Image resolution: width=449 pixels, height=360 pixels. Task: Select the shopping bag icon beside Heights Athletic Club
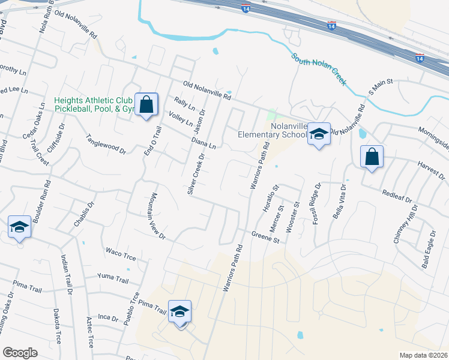[146, 106]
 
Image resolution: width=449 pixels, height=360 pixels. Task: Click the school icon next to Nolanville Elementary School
[319, 135]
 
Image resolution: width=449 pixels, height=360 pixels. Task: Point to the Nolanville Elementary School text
[272, 131]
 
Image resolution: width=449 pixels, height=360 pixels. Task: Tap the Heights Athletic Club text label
[94, 104]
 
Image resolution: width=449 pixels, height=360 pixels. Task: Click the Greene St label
[266, 238]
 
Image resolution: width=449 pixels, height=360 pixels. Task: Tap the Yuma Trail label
[113, 278]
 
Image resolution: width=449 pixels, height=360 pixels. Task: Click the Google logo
[20, 353]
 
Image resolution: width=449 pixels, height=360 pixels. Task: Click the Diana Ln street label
[203, 143]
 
